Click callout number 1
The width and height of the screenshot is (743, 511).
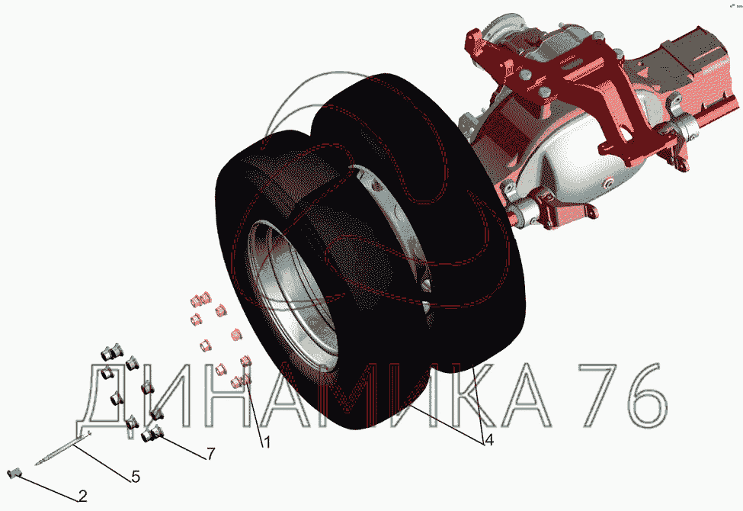tap(267, 442)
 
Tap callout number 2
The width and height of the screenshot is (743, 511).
tap(83, 497)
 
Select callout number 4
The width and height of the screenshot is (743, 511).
tap(489, 440)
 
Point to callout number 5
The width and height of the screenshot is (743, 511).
tap(136, 477)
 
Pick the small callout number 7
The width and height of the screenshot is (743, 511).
tap(210, 454)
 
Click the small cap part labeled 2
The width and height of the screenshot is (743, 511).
tap(16, 473)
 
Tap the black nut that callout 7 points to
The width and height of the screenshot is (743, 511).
tap(152, 432)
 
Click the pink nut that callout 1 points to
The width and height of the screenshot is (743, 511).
tap(239, 380)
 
